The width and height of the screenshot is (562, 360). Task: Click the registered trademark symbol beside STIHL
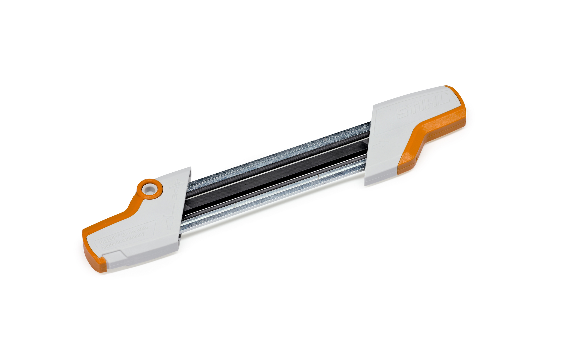pos(446,93)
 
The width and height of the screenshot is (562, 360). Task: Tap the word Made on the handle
pos(109,246)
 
